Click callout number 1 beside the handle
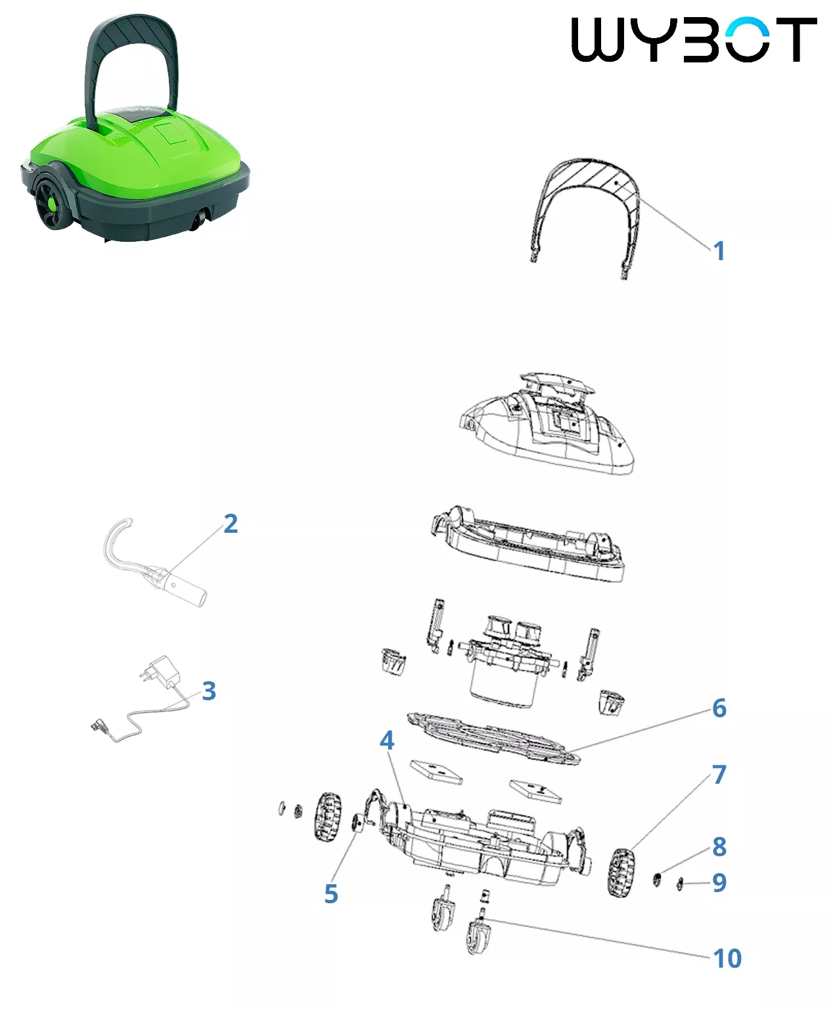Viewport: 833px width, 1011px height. (719, 251)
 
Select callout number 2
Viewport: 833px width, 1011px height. (231, 524)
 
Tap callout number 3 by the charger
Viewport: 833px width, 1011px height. (209, 690)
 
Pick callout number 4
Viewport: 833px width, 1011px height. (386, 740)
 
